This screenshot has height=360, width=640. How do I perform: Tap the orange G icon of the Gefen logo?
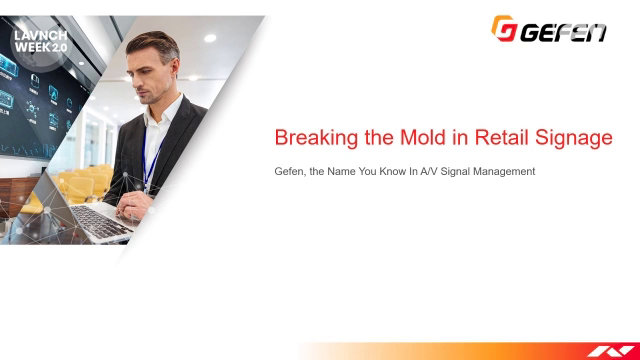(503, 29)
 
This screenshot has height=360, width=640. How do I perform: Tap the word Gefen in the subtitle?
(290, 172)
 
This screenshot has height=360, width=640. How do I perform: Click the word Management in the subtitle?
(506, 172)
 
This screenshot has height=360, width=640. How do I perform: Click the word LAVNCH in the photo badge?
(37, 35)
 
